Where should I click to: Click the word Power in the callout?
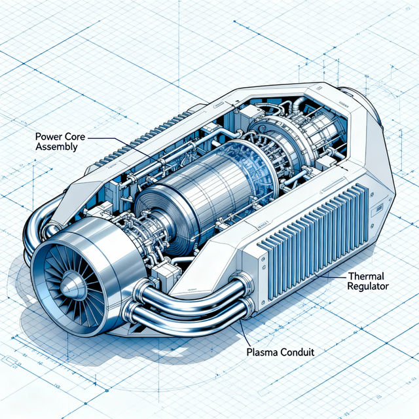45,138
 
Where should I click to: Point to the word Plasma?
262,352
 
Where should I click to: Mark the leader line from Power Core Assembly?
118,139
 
